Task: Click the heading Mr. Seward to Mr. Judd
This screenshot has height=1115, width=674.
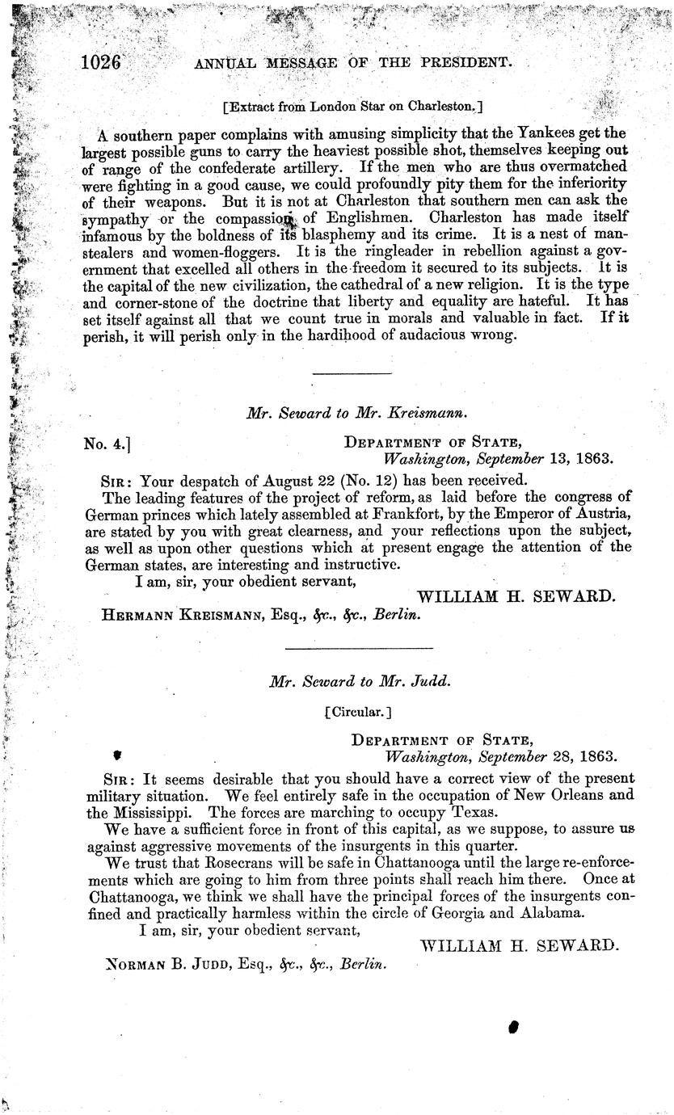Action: point(360,681)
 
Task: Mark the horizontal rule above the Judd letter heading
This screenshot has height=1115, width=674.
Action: point(360,647)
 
